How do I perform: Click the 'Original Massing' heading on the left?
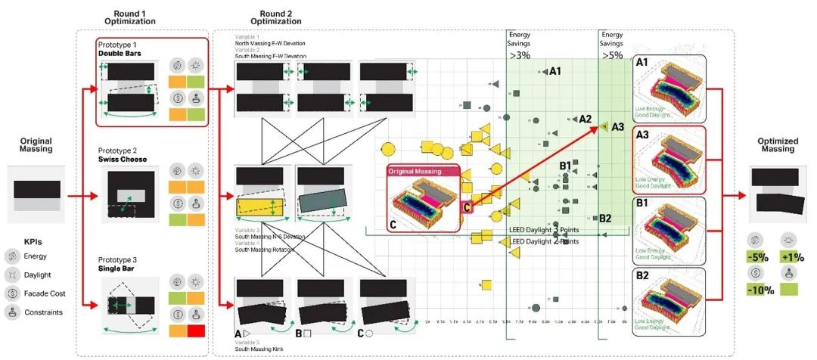(37, 144)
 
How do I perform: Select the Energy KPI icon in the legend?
(12, 256)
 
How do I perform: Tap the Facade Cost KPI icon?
(12, 293)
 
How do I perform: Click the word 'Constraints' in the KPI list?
(42, 312)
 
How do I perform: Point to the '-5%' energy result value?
(756, 256)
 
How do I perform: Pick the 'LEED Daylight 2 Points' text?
(544, 242)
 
